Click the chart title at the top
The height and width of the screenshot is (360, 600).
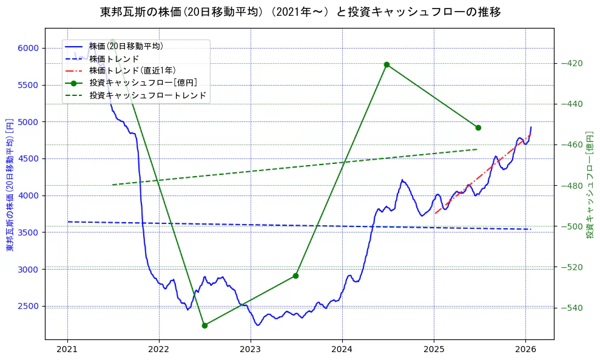pyautogui.click(x=300, y=12)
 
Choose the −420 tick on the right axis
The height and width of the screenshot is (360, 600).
pyautogui.click(x=573, y=63)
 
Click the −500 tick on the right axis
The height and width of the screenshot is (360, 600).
pyautogui.click(x=573, y=226)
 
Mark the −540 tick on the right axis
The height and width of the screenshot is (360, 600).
pyautogui.click(x=573, y=308)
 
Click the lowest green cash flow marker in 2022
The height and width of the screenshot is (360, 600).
pyautogui.click(x=204, y=325)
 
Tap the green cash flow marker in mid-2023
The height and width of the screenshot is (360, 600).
pyautogui.click(x=295, y=276)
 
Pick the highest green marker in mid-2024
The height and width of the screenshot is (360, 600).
pyautogui.click(x=386, y=64)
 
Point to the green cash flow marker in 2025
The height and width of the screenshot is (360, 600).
pyautogui.click(x=478, y=127)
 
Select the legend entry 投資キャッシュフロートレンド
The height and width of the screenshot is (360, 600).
pyautogui.click(x=147, y=95)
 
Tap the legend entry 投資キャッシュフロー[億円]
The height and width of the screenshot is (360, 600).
pyautogui.click(x=143, y=83)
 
